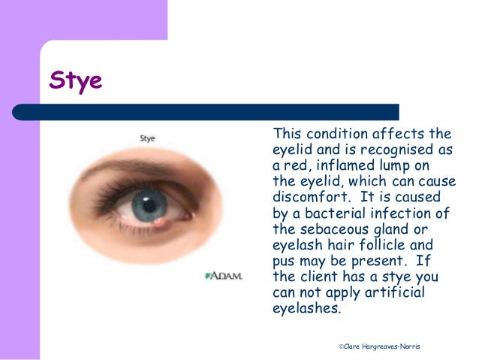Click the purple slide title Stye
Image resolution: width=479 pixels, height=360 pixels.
[x=75, y=80]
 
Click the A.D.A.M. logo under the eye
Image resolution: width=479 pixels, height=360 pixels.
[x=224, y=276]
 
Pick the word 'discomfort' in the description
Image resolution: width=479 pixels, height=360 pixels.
[x=306, y=198]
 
